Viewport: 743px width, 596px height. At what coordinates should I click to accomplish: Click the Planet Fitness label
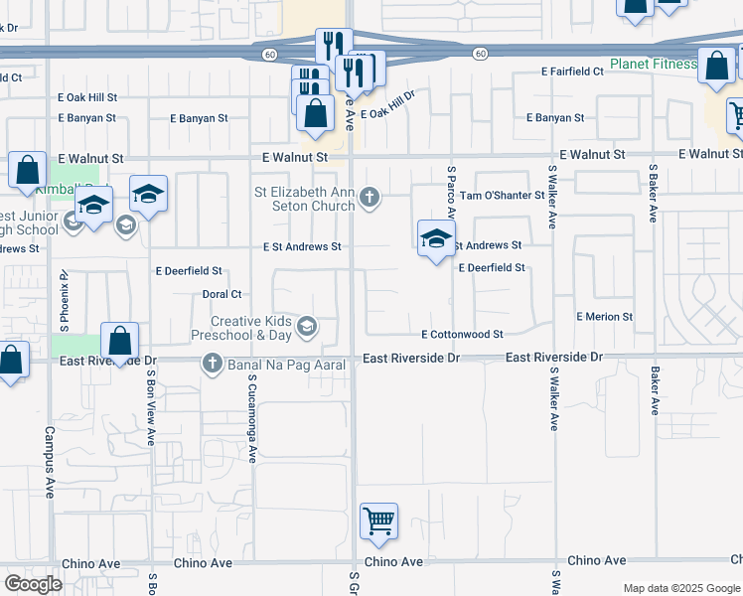(x=655, y=64)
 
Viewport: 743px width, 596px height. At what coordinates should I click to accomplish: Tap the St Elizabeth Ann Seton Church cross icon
(x=370, y=197)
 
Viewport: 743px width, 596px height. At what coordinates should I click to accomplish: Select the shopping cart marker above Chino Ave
(x=379, y=521)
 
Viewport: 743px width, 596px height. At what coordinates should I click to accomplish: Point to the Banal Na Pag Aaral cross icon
(x=212, y=365)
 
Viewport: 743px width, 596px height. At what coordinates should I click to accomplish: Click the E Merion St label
(x=604, y=317)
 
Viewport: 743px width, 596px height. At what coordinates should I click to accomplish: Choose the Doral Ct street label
(x=222, y=294)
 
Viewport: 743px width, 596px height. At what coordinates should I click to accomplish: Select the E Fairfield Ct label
(x=572, y=72)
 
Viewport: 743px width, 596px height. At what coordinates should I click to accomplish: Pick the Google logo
(x=34, y=584)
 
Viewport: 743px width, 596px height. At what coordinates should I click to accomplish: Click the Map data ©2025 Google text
(x=681, y=588)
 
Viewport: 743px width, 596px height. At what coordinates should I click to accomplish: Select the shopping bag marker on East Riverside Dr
(x=119, y=342)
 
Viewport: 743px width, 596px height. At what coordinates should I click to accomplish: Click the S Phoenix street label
(x=64, y=301)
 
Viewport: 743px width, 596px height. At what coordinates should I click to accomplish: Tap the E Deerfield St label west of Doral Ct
(x=188, y=270)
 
